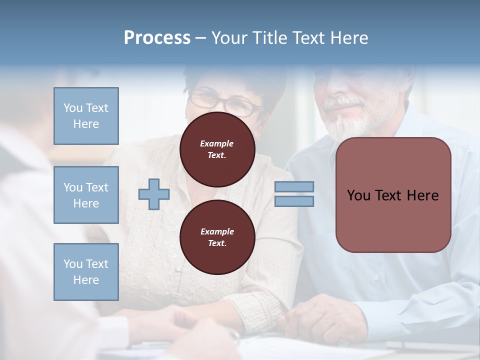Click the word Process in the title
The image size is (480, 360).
tap(157, 38)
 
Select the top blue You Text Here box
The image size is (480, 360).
tap(86, 116)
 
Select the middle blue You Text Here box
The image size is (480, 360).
tap(86, 195)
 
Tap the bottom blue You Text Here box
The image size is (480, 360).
tap(86, 271)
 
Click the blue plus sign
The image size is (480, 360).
tap(154, 194)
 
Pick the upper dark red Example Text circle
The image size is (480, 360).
tap(217, 149)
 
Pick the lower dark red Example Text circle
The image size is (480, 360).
tap(217, 237)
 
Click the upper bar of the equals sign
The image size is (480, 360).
tap(294, 187)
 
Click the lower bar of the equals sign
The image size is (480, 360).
tap(294, 201)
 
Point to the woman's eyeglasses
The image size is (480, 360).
tap(225, 102)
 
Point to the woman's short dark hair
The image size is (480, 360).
tap(235, 80)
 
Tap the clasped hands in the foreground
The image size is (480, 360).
tap(190, 330)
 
